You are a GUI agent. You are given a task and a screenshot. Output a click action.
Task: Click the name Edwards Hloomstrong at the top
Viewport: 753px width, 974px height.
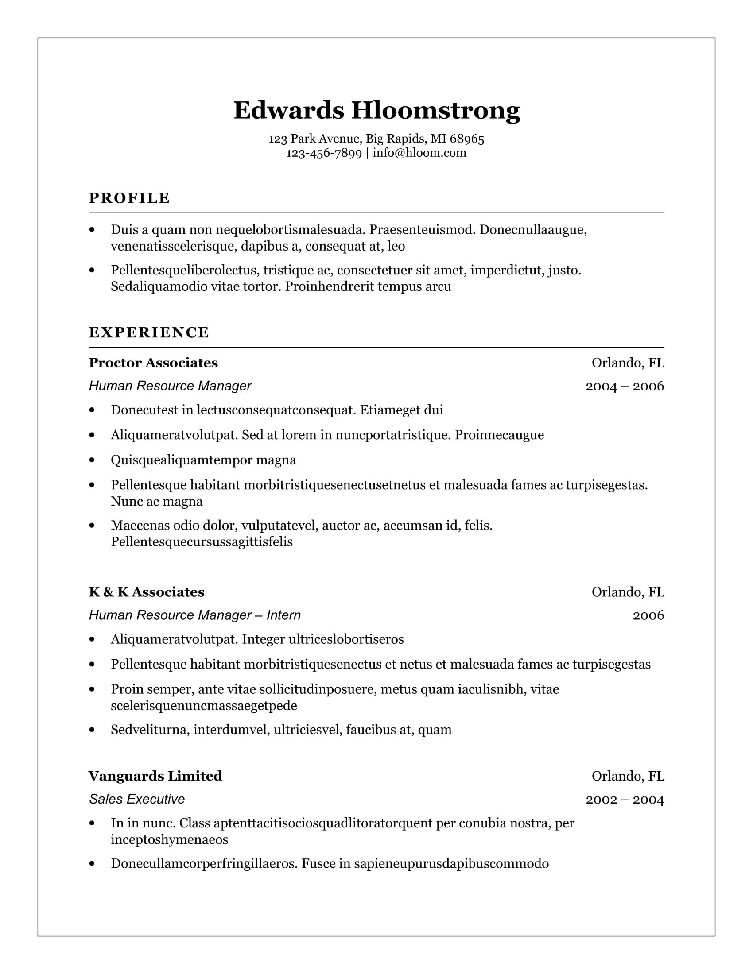click(376, 110)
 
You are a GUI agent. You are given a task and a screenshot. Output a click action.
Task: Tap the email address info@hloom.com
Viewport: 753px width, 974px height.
click(419, 153)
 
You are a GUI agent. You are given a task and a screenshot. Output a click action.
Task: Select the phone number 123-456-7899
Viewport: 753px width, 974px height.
click(323, 153)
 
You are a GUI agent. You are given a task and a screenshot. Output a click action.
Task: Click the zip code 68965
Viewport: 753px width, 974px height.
click(467, 139)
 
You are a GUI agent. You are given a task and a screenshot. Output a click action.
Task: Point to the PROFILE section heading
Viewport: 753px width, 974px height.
click(129, 198)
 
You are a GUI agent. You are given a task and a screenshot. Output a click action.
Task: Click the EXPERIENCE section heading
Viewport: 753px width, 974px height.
click(149, 332)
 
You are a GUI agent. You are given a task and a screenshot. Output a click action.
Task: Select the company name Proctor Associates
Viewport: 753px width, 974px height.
click(153, 363)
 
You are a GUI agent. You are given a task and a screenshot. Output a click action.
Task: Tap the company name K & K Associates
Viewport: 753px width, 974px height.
click(146, 592)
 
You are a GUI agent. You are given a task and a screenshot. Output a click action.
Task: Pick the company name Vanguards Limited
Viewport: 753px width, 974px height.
click(155, 776)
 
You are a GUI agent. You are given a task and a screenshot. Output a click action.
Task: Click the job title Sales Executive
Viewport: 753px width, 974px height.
click(136, 799)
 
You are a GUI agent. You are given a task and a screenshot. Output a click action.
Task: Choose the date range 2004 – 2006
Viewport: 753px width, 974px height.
click(625, 386)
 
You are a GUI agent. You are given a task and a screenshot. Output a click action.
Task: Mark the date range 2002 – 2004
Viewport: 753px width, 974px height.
click(625, 799)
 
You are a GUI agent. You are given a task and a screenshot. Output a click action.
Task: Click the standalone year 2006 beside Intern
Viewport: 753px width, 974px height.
click(648, 615)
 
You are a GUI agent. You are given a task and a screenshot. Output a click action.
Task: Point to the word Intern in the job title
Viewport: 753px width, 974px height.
click(283, 615)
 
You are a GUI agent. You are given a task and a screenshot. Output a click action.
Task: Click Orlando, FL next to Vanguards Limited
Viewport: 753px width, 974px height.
click(628, 776)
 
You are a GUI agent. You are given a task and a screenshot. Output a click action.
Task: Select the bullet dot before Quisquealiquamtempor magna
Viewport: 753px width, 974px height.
click(92, 460)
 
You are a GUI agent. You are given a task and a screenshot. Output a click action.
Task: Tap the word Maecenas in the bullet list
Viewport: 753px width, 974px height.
click(138, 526)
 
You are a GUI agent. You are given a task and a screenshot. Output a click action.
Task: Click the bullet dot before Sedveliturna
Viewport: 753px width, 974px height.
click(92, 730)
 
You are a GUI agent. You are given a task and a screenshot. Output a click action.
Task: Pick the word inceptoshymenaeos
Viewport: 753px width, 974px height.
click(169, 839)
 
